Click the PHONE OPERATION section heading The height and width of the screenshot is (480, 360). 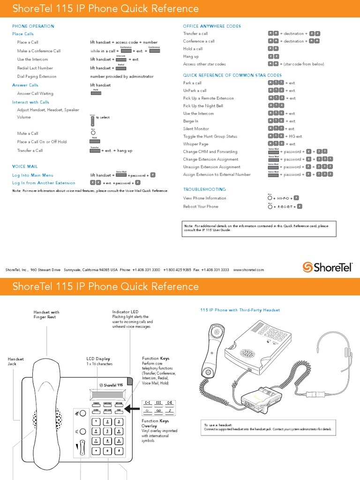tap(33, 26)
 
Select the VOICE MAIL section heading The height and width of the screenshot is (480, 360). tap(25, 166)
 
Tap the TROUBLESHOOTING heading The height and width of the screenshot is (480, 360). tap(204, 189)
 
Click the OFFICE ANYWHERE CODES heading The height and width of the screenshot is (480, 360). tap(212, 26)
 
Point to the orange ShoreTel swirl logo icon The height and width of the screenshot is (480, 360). tap(307, 267)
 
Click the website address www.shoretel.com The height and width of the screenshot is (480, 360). tap(248, 270)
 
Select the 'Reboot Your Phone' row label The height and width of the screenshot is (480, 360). tap(201, 206)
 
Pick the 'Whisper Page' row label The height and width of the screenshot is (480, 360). tap(195, 144)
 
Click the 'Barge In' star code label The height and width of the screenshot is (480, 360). tap(191, 121)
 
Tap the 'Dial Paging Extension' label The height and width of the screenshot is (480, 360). tap(37, 76)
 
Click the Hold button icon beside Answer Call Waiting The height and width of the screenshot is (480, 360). tap(95, 93)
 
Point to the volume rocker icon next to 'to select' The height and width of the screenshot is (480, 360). tap(92, 120)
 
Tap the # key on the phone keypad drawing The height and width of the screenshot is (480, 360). tap(119, 450)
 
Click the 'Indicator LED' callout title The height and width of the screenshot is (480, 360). tap(125, 312)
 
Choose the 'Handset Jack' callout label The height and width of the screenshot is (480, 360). tap(15, 361)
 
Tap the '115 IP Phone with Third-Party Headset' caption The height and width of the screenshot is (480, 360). tap(240, 310)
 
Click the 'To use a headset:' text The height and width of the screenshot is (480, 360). tap(219, 425)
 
